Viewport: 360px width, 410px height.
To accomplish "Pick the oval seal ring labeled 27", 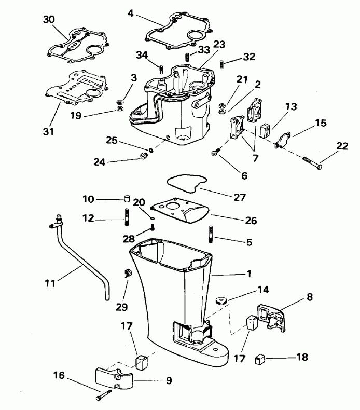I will point(187,183).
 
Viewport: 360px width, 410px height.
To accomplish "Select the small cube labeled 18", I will point(261,359).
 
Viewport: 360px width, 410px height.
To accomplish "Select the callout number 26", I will point(251,221).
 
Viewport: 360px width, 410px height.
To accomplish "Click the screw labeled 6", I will point(215,152).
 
